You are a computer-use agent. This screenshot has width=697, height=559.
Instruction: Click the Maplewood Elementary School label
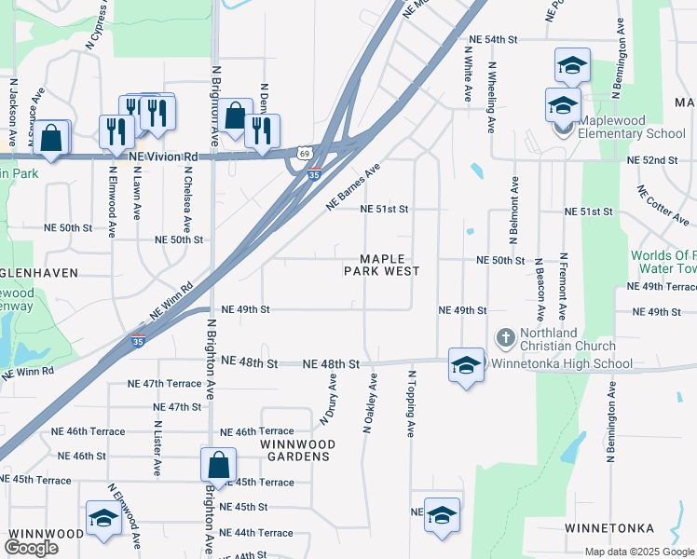pos(632,127)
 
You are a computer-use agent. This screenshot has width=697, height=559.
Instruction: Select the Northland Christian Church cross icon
pos(505,336)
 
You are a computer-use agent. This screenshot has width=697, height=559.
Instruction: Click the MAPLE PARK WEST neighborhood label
pos(381,265)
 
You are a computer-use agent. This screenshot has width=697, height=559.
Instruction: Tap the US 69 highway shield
pos(305,152)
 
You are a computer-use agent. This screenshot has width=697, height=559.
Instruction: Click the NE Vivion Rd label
pos(165,157)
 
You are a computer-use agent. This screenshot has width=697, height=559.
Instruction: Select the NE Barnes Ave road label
pos(353,187)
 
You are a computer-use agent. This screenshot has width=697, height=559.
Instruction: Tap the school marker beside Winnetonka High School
pos(466,363)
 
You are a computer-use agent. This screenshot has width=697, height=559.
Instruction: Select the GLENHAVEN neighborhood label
pos(38,273)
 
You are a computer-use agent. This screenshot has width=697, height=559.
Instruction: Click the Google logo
pos(31,548)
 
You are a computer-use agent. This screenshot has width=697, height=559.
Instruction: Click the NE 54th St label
pos(493,39)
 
